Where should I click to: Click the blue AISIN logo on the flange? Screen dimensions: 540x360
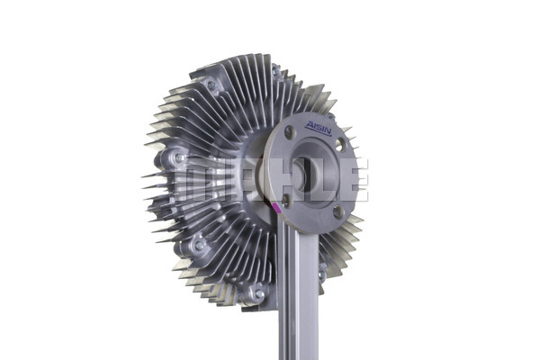tap(319, 128)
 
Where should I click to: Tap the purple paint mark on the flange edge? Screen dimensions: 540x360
tap(276, 208)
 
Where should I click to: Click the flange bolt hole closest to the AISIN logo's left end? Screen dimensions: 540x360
tap(289, 131)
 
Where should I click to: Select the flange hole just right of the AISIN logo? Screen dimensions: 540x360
tap(340, 145)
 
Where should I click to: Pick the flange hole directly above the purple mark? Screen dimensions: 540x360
tap(285, 200)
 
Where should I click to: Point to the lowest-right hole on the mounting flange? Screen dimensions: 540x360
tap(337, 211)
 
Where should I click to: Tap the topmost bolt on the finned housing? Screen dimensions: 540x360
tap(276, 72)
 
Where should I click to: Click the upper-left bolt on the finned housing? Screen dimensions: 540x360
tap(211, 85)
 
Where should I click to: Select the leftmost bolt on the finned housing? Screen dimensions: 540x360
tap(179, 157)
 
